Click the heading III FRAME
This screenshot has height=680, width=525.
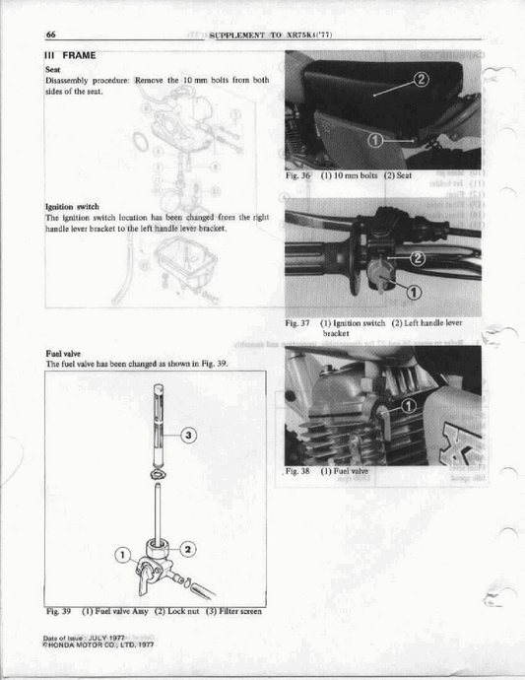click(x=70, y=56)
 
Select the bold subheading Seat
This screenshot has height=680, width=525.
click(x=53, y=69)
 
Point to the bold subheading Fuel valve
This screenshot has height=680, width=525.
click(x=63, y=353)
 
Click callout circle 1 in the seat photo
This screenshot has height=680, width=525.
click(x=374, y=141)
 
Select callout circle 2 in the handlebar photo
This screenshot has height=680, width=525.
click(x=416, y=258)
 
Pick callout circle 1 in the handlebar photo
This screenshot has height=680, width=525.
click(x=412, y=291)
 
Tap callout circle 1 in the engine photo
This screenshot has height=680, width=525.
click(x=411, y=405)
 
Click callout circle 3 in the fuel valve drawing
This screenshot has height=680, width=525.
click(x=189, y=434)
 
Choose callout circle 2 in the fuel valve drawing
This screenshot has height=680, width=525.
click(x=189, y=548)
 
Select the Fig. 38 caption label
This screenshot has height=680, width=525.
click(x=298, y=471)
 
